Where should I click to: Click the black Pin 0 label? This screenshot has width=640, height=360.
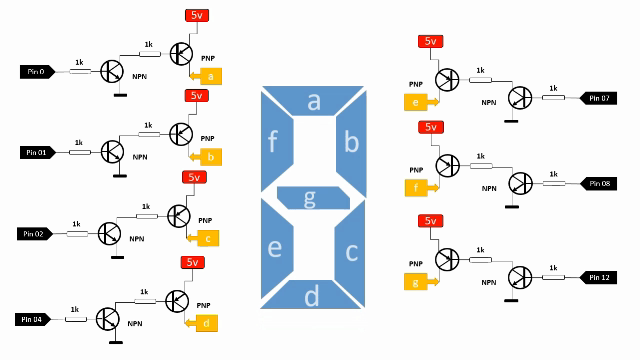pos(38,71)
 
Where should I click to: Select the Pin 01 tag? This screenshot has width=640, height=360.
pos(38,152)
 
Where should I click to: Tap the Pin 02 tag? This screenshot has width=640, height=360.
pos(36,234)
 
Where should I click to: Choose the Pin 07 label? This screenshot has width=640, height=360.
pos(600,98)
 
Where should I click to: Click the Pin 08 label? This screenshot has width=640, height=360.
pos(600,184)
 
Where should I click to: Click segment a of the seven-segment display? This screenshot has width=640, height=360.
pos(313,102)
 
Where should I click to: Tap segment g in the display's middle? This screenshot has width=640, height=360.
pos(309,198)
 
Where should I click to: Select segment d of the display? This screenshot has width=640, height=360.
pos(312,296)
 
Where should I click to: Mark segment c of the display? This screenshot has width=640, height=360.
pos(351,250)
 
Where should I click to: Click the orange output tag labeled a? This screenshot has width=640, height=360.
pos(212,75)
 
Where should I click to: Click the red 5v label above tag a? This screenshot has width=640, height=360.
pos(196,15)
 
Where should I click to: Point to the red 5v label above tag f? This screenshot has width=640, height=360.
pos(430,127)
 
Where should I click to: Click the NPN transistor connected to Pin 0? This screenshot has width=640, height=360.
pos(113,71)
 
